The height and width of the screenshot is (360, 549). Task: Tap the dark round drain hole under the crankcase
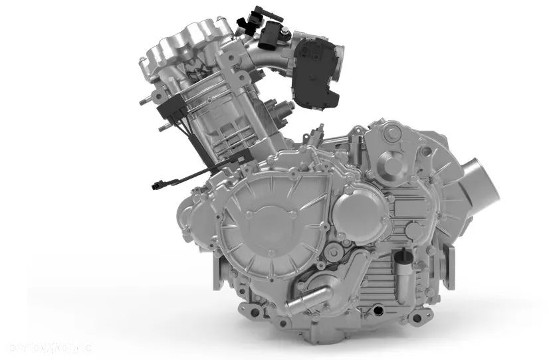point(379,309)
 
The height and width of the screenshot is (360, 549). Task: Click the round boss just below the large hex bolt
point(393,163)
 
